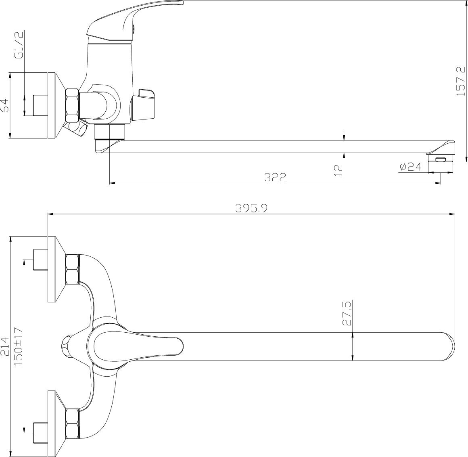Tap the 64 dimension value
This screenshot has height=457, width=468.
pos(5,106)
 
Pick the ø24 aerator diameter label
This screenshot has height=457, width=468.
pos(410,167)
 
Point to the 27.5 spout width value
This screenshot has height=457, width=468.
pos(347,313)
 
